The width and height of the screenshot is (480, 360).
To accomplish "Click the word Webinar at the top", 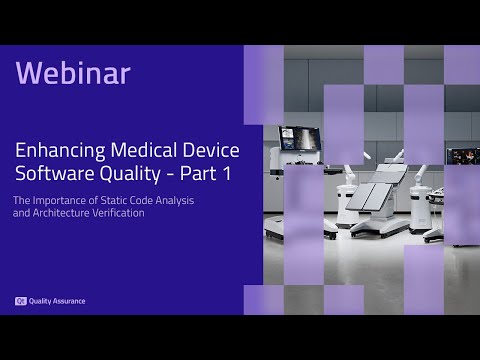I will [73, 73].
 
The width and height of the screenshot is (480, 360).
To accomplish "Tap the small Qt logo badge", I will [20, 301].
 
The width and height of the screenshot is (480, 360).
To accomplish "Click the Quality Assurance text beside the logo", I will [57, 301].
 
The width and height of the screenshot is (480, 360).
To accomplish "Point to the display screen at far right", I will [463, 157].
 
